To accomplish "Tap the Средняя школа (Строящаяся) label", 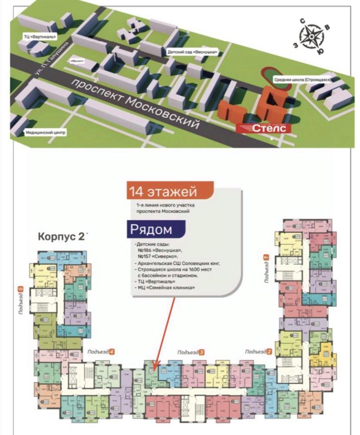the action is click(x=302, y=80).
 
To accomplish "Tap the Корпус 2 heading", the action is click(x=62, y=237).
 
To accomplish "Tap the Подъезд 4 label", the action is click(x=99, y=352).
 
